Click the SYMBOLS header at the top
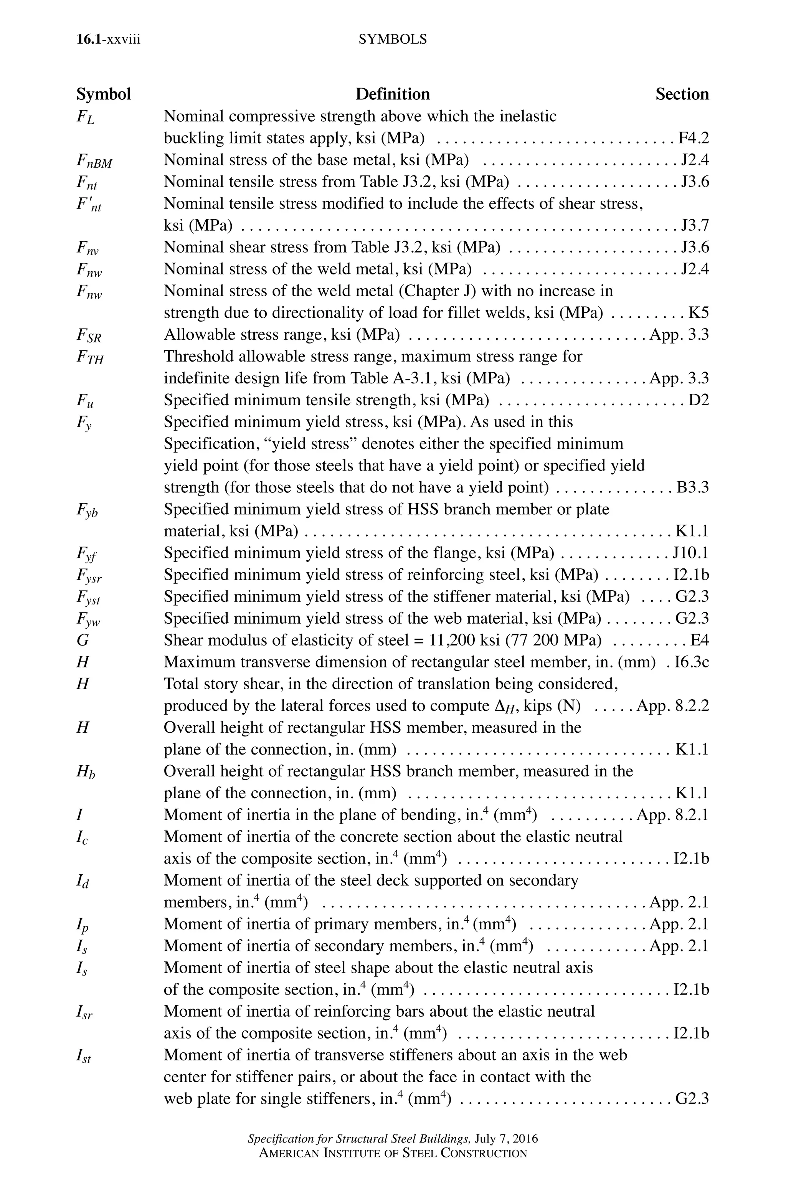coord(393,39)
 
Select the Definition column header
coord(393,94)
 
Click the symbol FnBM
coord(94,161)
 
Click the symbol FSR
coord(89,335)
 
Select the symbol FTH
coord(90,357)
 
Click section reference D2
coord(699,400)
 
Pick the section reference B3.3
coord(693,487)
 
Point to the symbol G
coord(83,640)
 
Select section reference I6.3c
coord(692,662)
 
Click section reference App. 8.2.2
coord(673,706)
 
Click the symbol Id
coord(83,881)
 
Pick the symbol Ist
coord(84,1057)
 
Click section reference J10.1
coord(691,553)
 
